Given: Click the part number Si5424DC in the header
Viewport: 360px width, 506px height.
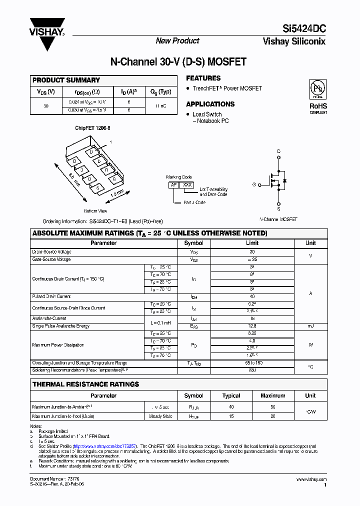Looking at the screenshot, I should pos(301,29).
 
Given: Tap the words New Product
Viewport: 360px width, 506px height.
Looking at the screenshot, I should pos(177,41).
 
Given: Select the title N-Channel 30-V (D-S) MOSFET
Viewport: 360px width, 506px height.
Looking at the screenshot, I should pos(178,63).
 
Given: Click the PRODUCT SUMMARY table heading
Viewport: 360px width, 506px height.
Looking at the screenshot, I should pos(66,80).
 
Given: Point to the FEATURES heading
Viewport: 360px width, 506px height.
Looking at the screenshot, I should pos(203,78).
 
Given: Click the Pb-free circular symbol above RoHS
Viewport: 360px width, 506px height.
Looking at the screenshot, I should pos(318,88).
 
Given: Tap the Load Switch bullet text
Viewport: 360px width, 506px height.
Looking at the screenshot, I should pos(207,114).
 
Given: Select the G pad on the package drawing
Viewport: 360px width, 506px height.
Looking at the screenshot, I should pos(114,179).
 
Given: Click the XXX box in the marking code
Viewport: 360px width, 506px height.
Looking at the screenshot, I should pos(187,185).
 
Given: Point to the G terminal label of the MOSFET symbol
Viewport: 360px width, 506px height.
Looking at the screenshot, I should pos(254,184).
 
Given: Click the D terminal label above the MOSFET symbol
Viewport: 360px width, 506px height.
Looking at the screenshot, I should pos(279,151).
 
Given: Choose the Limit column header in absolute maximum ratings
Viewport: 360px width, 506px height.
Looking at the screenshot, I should pos(252,243).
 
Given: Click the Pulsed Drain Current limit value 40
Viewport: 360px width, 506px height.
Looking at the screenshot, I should pos(252,296).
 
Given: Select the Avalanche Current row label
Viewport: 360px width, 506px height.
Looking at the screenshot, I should pos(49,318).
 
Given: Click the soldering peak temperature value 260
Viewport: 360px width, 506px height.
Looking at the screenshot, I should pos(252,370).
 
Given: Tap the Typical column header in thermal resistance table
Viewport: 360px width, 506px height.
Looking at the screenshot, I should pos(231,395).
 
